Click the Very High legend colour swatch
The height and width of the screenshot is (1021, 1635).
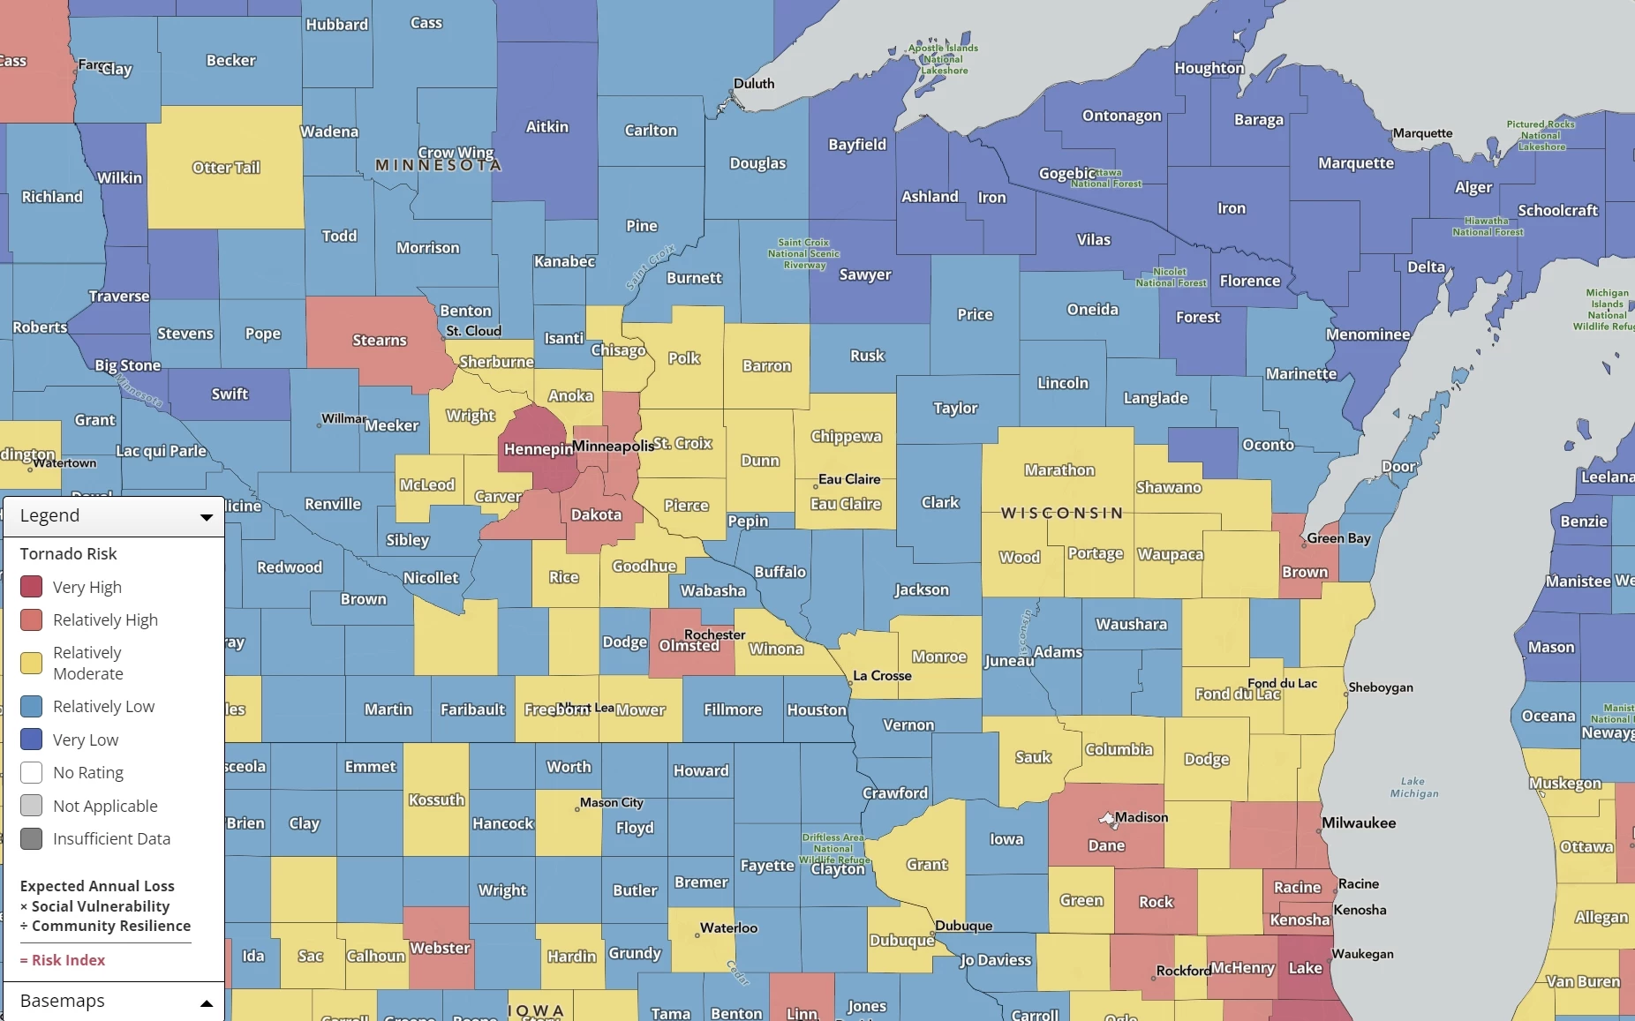[32, 587]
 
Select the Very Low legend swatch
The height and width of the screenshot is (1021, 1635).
[32, 739]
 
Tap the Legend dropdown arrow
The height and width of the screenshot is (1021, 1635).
[206, 517]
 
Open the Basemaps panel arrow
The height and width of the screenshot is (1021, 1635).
[206, 1003]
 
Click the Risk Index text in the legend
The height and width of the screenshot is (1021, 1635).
[68, 960]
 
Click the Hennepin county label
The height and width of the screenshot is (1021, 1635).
[538, 449]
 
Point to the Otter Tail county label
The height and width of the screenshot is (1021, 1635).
[226, 168]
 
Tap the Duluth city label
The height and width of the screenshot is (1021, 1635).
[754, 84]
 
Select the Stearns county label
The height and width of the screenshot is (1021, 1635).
[380, 341]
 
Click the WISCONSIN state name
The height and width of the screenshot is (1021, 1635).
[1062, 513]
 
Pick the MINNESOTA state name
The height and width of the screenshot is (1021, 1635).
[438, 165]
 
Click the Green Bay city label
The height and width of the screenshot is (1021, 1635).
[1338, 538]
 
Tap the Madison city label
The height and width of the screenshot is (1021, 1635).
[1141, 817]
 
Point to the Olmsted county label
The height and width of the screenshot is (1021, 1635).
[689, 646]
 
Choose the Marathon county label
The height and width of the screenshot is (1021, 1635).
[1059, 470]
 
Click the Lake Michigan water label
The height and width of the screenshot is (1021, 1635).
[1413, 787]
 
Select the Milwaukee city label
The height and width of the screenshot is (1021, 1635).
[1358, 822]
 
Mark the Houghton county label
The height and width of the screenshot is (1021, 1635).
[1209, 68]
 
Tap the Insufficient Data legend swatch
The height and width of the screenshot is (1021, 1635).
[32, 838]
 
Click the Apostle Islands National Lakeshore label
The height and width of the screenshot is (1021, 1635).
[943, 59]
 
